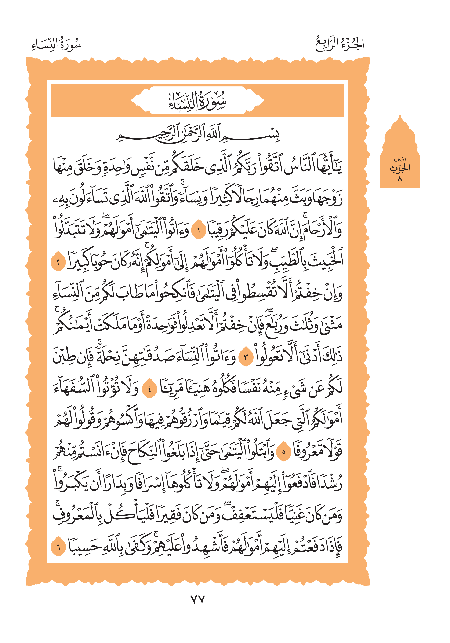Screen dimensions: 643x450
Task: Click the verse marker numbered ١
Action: [199, 231]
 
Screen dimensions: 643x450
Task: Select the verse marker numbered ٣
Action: [246, 357]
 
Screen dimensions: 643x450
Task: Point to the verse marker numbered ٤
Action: [149, 389]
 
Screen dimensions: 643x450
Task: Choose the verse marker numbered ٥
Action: [284, 451]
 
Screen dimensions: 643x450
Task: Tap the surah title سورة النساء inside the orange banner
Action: [197, 101]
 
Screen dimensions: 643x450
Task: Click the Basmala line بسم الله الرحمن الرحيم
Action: [197, 135]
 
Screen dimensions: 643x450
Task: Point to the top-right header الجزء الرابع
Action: [340, 44]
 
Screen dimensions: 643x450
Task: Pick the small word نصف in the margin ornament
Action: [400, 160]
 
